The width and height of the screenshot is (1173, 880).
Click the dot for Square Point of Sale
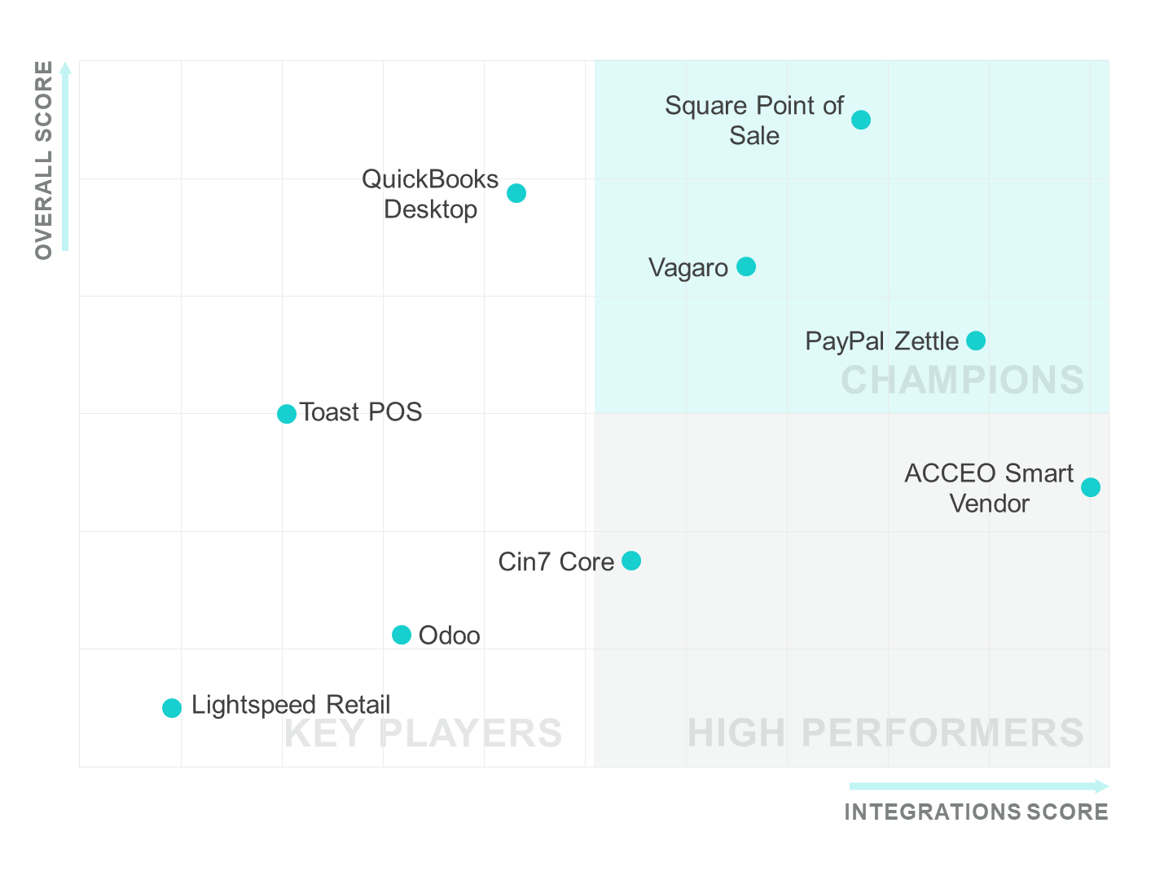pyautogui.click(x=861, y=120)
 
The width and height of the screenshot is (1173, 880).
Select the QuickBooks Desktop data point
pyautogui.click(x=516, y=193)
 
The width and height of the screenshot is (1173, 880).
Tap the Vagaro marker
pyautogui.click(x=746, y=266)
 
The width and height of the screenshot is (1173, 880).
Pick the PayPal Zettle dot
pyautogui.click(x=976, y=341)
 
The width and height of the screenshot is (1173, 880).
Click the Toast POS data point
pyautogui.click(x=287, y=414)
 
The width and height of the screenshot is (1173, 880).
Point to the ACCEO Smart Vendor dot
pyautogui.click(x=1091, y=487)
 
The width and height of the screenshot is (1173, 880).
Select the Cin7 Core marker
pyautogui.click(x=631, y=561)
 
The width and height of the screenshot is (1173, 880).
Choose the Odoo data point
pyautogui.click(x=402, y=635)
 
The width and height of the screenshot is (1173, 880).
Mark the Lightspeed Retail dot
pyautogui.click(x=172, y=708)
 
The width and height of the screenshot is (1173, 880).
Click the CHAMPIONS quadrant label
pyautogui.click(x=962, y=381)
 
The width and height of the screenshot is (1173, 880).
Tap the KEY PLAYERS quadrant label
pyautogui.click(x=423, y=733)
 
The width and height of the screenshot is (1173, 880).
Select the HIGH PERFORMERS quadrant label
pyautogui.click(x=885, y=733)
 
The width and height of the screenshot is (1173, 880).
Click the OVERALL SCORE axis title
pyautogui.click(x=44, y=161)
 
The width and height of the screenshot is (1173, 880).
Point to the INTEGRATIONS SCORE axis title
pyautogui.click(x=976, y=812)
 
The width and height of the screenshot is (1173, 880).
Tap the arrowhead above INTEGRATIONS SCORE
pyautogui.click(x=1101, y=786)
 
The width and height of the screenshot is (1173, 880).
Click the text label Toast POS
pyautogui.click(x=361, y=412)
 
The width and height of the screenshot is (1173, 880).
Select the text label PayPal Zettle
pyautogui.click(x=881, y=341)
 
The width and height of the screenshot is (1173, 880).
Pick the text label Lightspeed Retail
pyautogui.click(x=291, y=705)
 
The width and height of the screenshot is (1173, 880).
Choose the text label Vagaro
pyautogui.click(x=688, y=268)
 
